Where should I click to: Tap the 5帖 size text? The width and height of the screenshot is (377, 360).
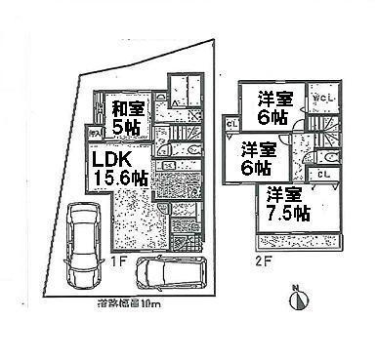click(126, 128)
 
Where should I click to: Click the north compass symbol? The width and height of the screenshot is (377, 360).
click(299, 299)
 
